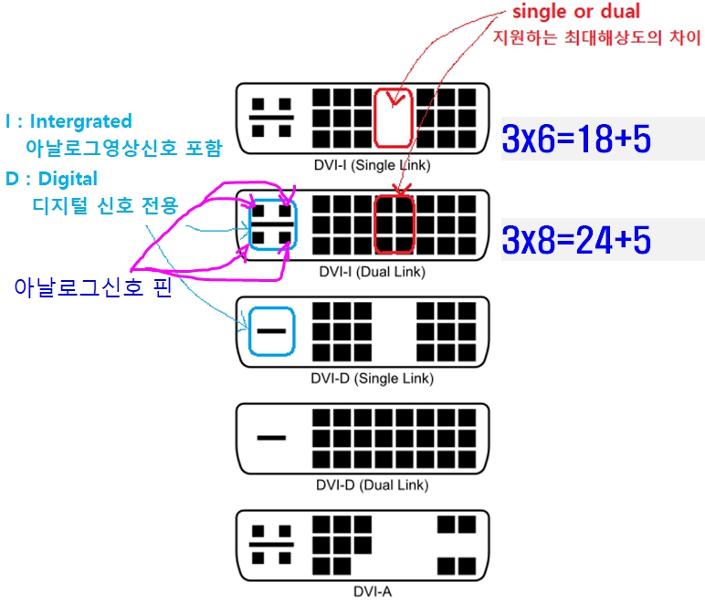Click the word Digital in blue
point(68,179)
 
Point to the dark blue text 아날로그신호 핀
point(92,288)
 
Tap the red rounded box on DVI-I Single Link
point(394,117)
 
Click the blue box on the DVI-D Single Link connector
point(272,330)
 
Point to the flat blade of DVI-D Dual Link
point(272,438)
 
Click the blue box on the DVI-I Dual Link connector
point(272,224)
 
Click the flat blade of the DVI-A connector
point(272,544)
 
